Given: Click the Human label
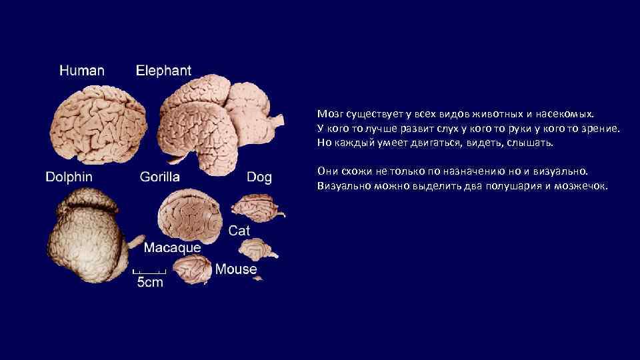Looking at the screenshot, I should click(82, 71).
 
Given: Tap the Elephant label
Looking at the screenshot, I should click(163, 70).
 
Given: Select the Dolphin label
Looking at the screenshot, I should click(69, 177).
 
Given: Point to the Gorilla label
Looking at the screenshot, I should click(160, 177).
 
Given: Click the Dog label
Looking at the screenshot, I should click(259, 177).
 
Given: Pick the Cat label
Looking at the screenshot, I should click(239, 230).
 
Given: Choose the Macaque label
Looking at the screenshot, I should click(173, 247).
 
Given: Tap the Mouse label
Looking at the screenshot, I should click(236, 269).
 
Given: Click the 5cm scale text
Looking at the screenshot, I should click(150, 282).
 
